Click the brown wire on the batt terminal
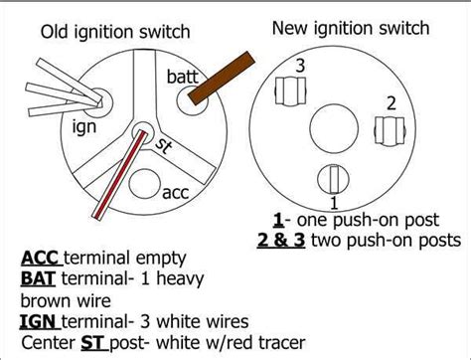pyautogui.click(x=222, y=79)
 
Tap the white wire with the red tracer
pyautogui.click(x=120, y=174)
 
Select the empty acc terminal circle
pyautogui.click(x=144, y=184)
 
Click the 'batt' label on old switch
pyautogui.click(x=183, y=77)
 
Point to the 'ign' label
pyautogui.click(x=84, y=127)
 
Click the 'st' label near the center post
pyautogui.click(x=164, y=146)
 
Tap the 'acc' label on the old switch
pyautogui.click(x=176, y=192)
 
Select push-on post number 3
pyautogui.click(x=291, y=91)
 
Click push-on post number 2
pyautogui.click(x=390, y=130)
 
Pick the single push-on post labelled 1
pyautogui.click(x=333, y=179)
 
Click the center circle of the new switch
pyautogui.click(x=334, y=128)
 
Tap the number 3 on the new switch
pyautogui.click(x=300, y=66)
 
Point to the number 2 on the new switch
pyautogui.click(x=392, y=103)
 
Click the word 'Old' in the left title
pyautogui.click(x=55, y=32)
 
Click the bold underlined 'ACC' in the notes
pyautogui.click(x=41, y=258)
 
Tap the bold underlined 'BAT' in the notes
pyautogui.click(x=38, y=278)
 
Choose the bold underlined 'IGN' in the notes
pyautogui.click(x=40, y=321)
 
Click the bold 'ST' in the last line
pyautogui.click(x=93, y=342)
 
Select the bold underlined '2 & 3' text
pyautogui.click(x=281, y=240)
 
